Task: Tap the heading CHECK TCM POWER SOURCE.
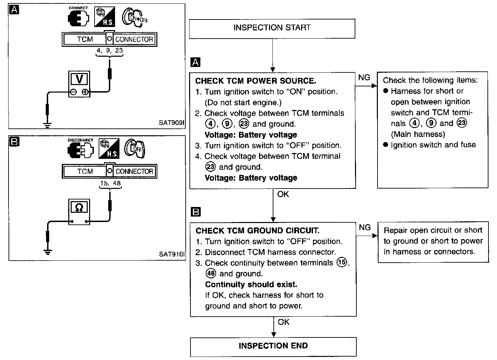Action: click(x=255, y=81)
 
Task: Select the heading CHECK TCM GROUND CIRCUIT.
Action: click(x=257, y=231)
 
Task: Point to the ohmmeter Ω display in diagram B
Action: click(x=79, y=207)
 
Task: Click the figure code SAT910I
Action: click(x=172, y=254)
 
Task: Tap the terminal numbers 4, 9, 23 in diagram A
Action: click(x=109, y=51)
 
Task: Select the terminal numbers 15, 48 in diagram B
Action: click(x=110, y=183)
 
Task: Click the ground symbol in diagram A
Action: click(x=48, y=125)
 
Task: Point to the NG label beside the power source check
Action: click(x=364, y=78)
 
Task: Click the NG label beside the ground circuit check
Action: click(x=365, y=227)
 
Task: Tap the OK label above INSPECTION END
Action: click(x=283, y=322)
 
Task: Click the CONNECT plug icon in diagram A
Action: click(x=78, y=18)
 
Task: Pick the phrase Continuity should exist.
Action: click(x=251, y=285)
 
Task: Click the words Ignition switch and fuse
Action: click(x=433, y=145)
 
